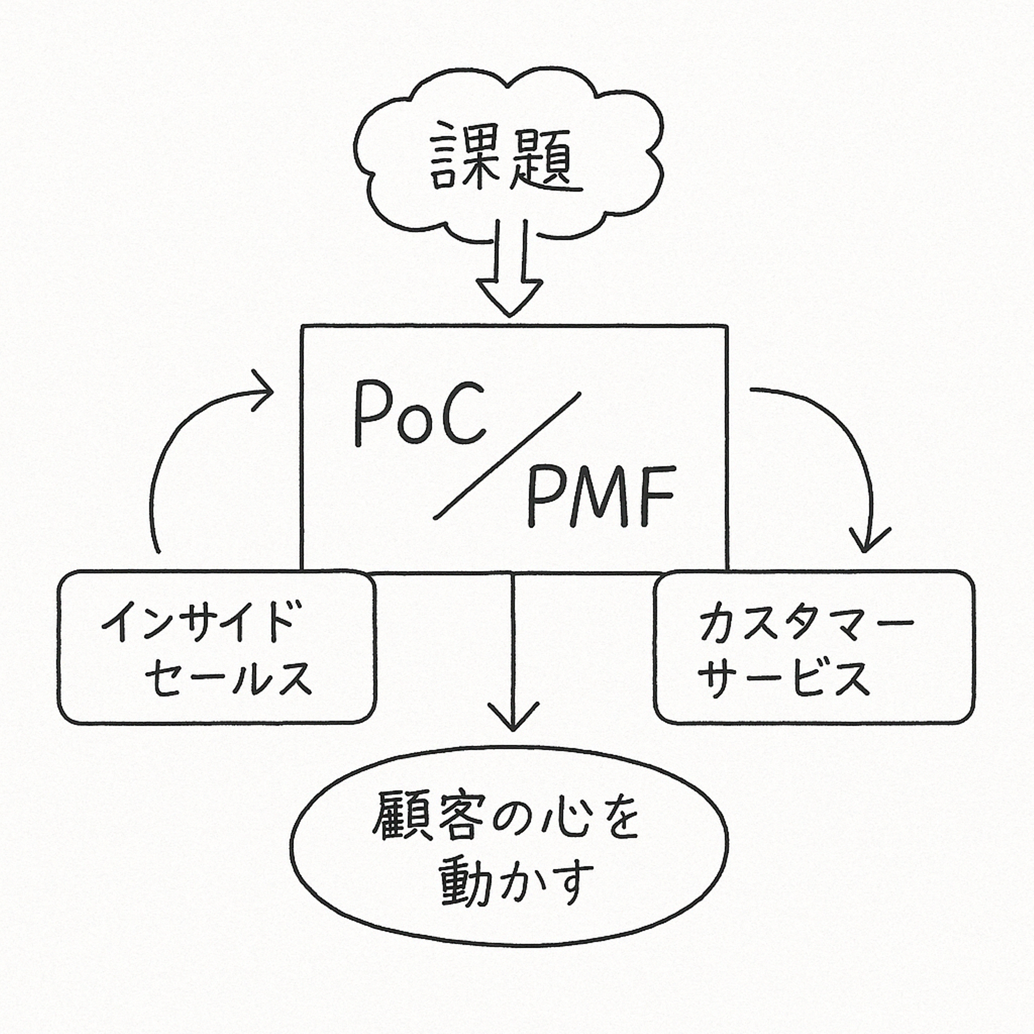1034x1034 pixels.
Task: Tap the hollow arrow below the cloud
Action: pyautogui.click(x=509, y=276)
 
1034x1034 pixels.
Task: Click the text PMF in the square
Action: pyautogui.click(x=599, y=496)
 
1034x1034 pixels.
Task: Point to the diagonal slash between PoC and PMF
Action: pyautogui.click(x=507, y=456)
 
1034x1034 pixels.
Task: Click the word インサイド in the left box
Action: pyautogui.click(x=198, y=622)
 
